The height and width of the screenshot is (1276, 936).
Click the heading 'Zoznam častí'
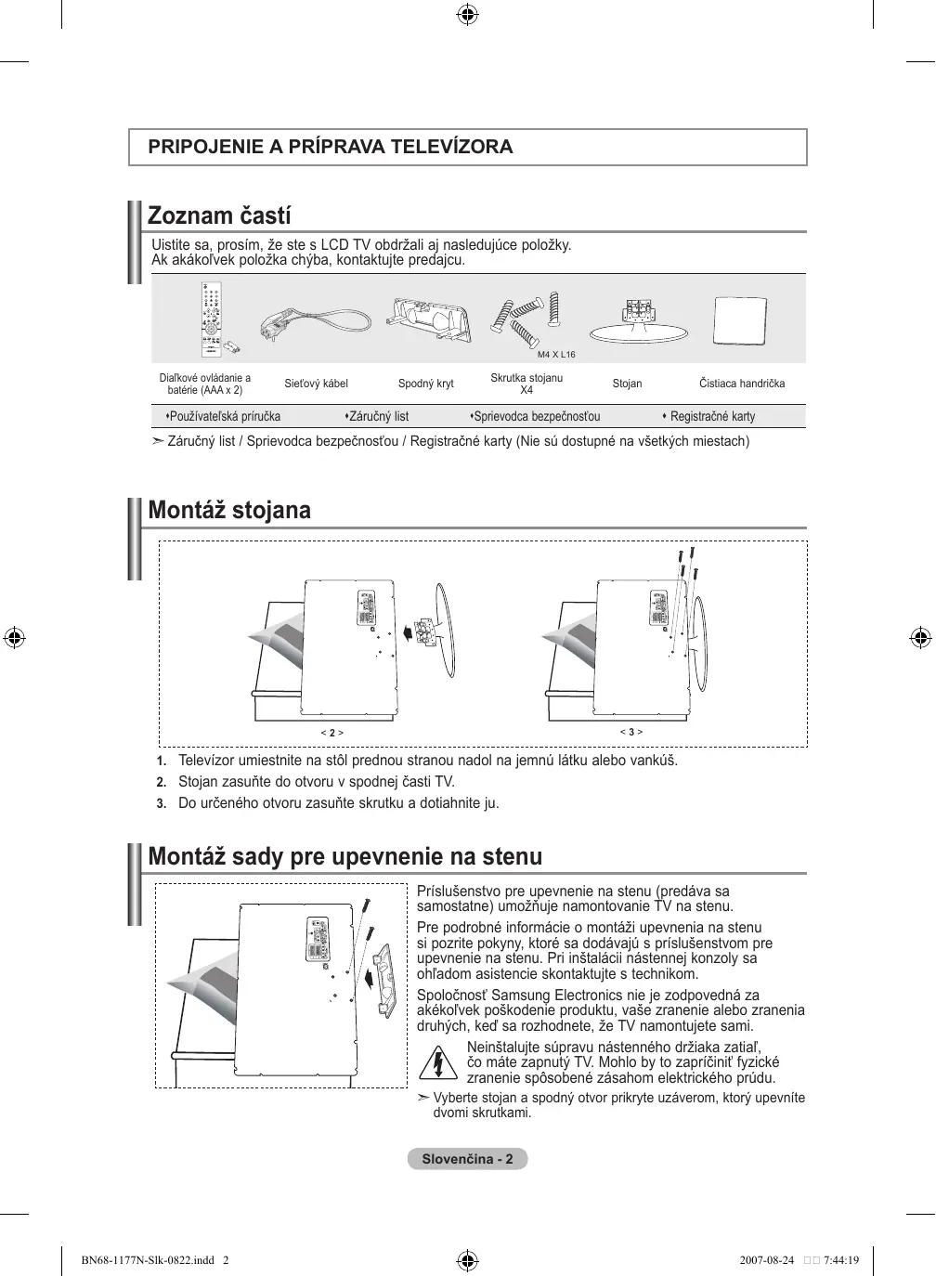pos(219,216)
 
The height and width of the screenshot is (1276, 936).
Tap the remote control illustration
pos(213,319)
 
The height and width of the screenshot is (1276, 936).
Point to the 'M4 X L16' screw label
pos(556,355)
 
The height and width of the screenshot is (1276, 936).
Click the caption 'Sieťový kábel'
pos(316,384)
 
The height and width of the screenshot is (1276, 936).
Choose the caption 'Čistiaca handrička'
pos(741,384)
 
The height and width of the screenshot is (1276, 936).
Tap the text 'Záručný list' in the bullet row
pos(378,416)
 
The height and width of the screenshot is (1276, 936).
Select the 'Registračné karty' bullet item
pos(712,416)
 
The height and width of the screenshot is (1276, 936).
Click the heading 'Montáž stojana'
pos(229,510)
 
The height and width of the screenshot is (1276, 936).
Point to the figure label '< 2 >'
pos(332,733)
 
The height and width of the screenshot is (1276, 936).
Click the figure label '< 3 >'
pos(631,732)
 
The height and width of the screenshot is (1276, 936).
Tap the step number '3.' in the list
pos(161,803)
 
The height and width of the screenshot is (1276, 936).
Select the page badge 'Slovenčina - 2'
pos(467,1159)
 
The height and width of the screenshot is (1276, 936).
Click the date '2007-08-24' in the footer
pos(766,1260)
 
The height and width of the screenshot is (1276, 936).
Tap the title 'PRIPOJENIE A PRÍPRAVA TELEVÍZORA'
pos(331,147)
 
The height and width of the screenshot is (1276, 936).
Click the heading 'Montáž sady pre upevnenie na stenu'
pos(344,855)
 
